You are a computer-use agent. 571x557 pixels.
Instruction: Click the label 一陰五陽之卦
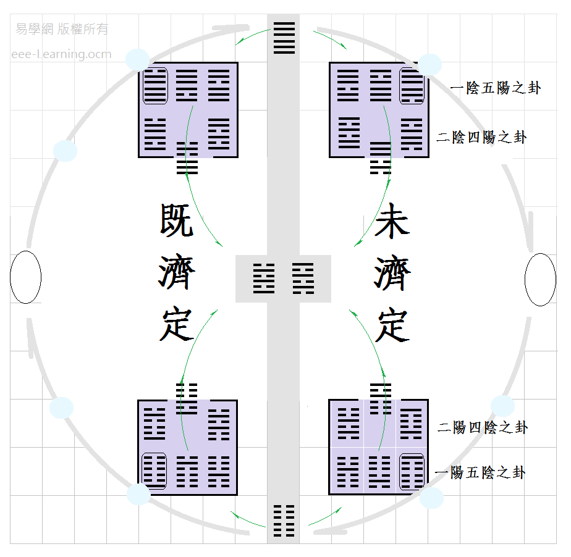(496, 88)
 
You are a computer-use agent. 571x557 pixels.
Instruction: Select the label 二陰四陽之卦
(482, 137)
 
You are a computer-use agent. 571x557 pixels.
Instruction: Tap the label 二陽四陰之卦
(483, 427)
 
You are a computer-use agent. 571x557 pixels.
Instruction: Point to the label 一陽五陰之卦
(481, 473)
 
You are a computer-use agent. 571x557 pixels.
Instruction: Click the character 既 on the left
(177, 220)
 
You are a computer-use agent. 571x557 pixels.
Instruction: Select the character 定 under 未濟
(392, 325)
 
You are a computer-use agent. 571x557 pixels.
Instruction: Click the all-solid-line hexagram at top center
(284, 38)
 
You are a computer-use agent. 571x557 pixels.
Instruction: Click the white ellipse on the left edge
(26, 278)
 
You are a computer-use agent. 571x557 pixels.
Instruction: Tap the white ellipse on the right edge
(540, 279)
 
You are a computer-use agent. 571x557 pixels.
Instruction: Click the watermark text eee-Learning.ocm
(62, 54)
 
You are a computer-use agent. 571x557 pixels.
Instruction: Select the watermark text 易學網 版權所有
(62, 29)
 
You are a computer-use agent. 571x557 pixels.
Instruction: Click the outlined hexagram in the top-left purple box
(155, 86)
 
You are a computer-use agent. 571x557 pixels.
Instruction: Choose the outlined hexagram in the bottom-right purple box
(412, 472)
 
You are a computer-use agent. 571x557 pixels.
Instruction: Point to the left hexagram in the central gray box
(264, 278)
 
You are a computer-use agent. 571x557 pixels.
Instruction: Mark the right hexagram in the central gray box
(303, 278)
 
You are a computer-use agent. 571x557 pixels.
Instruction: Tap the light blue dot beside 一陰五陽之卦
(429, 64)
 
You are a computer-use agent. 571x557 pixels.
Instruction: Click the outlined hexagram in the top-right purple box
(412, 86)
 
